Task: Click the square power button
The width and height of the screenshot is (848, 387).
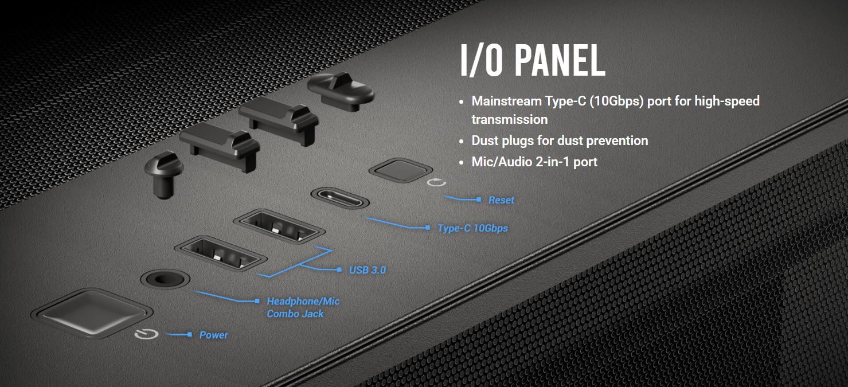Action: (92, 313)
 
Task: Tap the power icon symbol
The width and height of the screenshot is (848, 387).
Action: (147, 334)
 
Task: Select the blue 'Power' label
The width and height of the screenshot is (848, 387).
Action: (213, 335)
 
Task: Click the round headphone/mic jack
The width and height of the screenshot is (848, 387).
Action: (165, 279)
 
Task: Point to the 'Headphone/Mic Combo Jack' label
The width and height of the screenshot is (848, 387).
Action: (303, 307)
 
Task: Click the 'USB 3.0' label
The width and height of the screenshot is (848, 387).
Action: (367, 270)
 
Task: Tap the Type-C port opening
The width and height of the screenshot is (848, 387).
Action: (340, 198)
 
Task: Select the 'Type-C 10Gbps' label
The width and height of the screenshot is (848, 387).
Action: (472, 228)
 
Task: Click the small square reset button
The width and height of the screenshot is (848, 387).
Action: (401, 170)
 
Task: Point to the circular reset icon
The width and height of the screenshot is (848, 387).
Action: (436, 182)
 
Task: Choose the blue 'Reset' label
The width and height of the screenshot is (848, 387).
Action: (501, 200)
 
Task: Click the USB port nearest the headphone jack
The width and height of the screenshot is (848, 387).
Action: (221, 253)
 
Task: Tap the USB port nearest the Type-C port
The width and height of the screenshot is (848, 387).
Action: (279, 226)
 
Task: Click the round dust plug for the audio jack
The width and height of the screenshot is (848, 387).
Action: (165, 174)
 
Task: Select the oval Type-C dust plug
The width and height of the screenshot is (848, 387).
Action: (341, 91)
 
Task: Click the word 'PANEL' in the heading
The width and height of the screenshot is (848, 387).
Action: (560, 60)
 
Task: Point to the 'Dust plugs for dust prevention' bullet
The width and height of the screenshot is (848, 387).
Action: (560, 141)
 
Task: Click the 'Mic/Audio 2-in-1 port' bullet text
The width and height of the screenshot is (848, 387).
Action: (534, 162)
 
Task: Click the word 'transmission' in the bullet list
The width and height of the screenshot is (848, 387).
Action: (510, 120)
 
